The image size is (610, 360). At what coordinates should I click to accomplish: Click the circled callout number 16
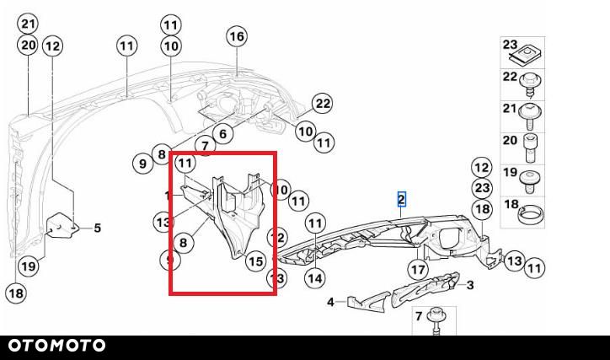[237, 36]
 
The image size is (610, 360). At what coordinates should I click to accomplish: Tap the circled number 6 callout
[222, 134]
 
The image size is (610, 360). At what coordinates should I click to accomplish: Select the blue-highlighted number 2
[401, 199]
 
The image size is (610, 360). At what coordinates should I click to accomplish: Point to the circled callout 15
[255, 261]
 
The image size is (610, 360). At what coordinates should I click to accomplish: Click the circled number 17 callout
[418, 269]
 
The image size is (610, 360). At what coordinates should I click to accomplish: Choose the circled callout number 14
[315, 278]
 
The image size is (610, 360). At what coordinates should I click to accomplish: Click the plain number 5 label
[97, 228]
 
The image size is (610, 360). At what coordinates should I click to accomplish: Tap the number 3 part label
[470, 285]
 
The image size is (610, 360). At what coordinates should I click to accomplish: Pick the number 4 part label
[330, 302]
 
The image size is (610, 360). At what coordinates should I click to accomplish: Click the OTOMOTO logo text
[56, 345]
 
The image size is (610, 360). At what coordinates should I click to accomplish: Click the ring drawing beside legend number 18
[531, 215]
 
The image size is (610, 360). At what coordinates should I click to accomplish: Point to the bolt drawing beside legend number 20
[530, 148]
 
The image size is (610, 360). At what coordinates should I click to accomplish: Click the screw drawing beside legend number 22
[531, 85]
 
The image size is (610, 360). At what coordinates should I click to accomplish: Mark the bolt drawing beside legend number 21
[531, 116]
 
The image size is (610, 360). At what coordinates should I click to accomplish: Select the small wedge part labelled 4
[368, 302]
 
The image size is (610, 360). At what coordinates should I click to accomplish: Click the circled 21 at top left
[28, 24]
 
